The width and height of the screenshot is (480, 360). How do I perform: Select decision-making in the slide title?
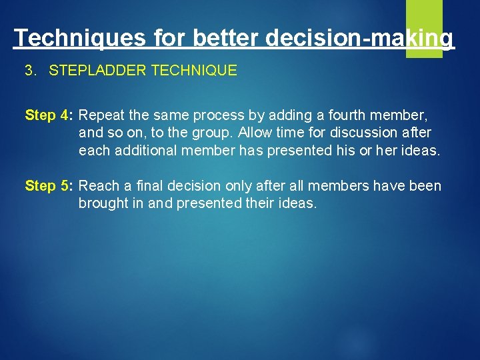pos(359,37)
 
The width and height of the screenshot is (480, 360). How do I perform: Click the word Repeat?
pos(103,115)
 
